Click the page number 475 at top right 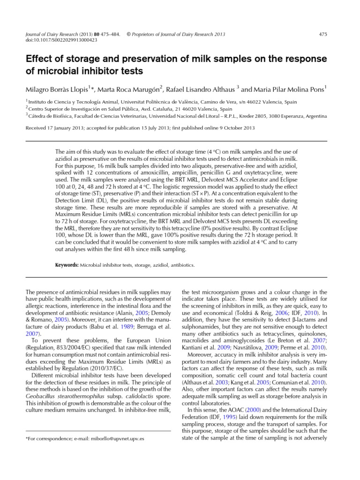(x=322, y=34)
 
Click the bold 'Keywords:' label (x=67, y=264)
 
